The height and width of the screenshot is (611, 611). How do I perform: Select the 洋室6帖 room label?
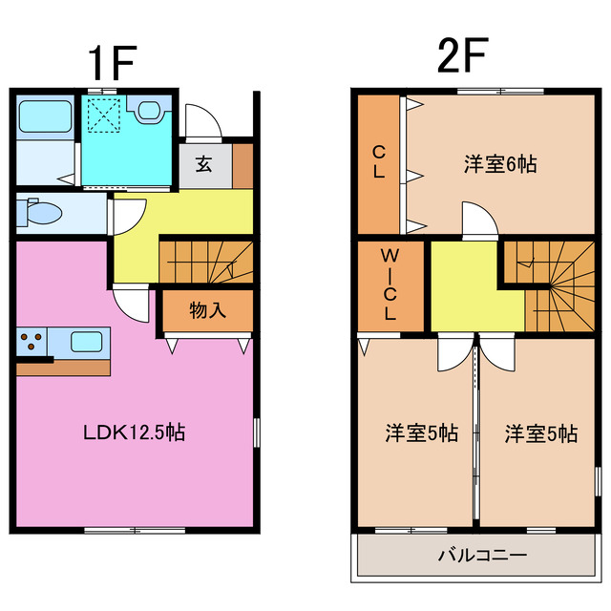click(x=500, y=164)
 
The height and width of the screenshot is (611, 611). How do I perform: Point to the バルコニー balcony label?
click(x=483, y=555)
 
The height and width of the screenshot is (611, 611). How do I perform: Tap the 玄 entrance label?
click(x=204, y=163)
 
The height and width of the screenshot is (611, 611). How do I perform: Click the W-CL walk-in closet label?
click(x=390, y=284)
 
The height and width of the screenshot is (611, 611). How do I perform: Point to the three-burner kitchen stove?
click(x=32, y=341)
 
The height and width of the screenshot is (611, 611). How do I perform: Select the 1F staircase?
click(x=205, y=263)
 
